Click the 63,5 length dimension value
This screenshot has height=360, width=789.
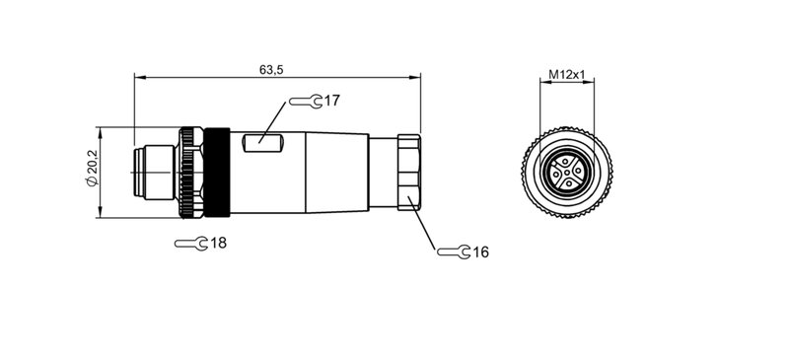[272, 70]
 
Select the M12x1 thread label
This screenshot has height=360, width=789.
[567, 74]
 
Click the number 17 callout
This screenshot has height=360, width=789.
[331, 101]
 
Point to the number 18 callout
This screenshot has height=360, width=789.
[218, 243]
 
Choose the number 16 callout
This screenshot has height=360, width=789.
[480, 252]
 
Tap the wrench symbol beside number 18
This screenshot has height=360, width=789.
[190, 243]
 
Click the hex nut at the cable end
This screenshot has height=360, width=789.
[408, 172]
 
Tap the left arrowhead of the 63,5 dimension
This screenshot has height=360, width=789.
[137, 77]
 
